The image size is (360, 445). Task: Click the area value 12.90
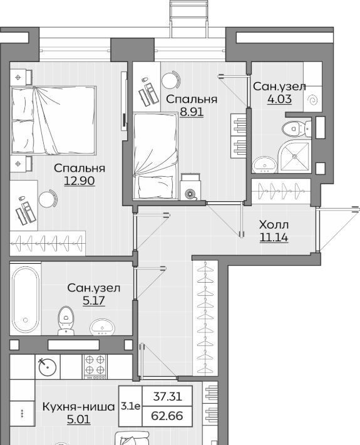(80, 181)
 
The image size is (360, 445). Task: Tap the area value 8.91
(192, 112)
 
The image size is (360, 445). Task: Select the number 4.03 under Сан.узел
(279, 99)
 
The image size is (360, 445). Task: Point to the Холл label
(274, 225)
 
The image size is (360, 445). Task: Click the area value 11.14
(274, 238)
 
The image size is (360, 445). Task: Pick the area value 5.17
(94, 300)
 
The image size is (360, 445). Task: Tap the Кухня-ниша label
(78, 407)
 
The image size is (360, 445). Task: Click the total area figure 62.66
(167, 416)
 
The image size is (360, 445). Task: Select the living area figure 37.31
(168, 396)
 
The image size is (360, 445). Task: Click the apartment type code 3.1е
(130, 406)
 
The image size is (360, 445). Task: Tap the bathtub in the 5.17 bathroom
(26, 298)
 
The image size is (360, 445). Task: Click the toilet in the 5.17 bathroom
(66, 320)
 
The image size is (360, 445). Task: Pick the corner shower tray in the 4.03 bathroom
(294, 156)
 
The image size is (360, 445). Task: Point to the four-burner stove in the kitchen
(95, 367)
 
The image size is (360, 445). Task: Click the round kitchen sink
(48, 367)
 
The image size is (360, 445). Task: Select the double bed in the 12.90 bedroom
(53, 120)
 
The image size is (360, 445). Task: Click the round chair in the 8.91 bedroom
(171, 80)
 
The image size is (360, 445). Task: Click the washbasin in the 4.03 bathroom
(265, 164)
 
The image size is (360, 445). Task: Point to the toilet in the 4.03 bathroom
(297, 128)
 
